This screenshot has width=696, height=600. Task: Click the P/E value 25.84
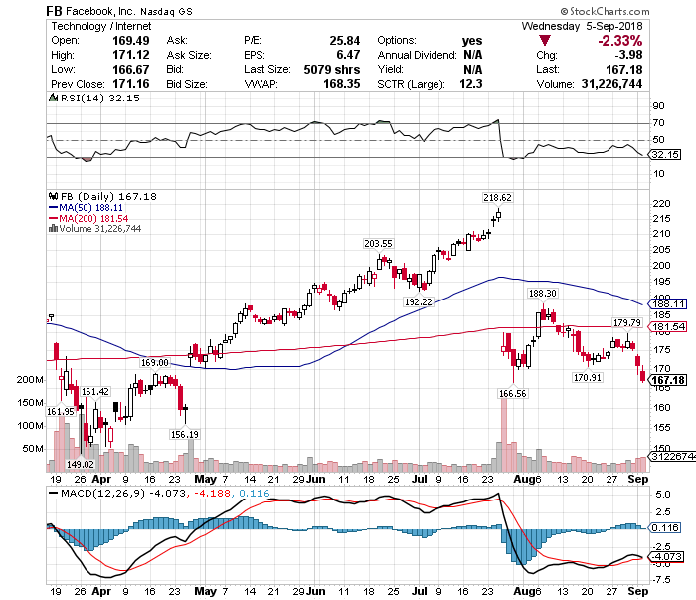[343, 40]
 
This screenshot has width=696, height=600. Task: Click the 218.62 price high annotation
[497, 198]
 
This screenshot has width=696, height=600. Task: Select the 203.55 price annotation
[379, 243]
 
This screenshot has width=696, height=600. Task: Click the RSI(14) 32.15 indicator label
[83, 99]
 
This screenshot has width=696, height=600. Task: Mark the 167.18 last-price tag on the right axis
[668, 381]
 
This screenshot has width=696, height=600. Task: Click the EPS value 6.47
[348, 54]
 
